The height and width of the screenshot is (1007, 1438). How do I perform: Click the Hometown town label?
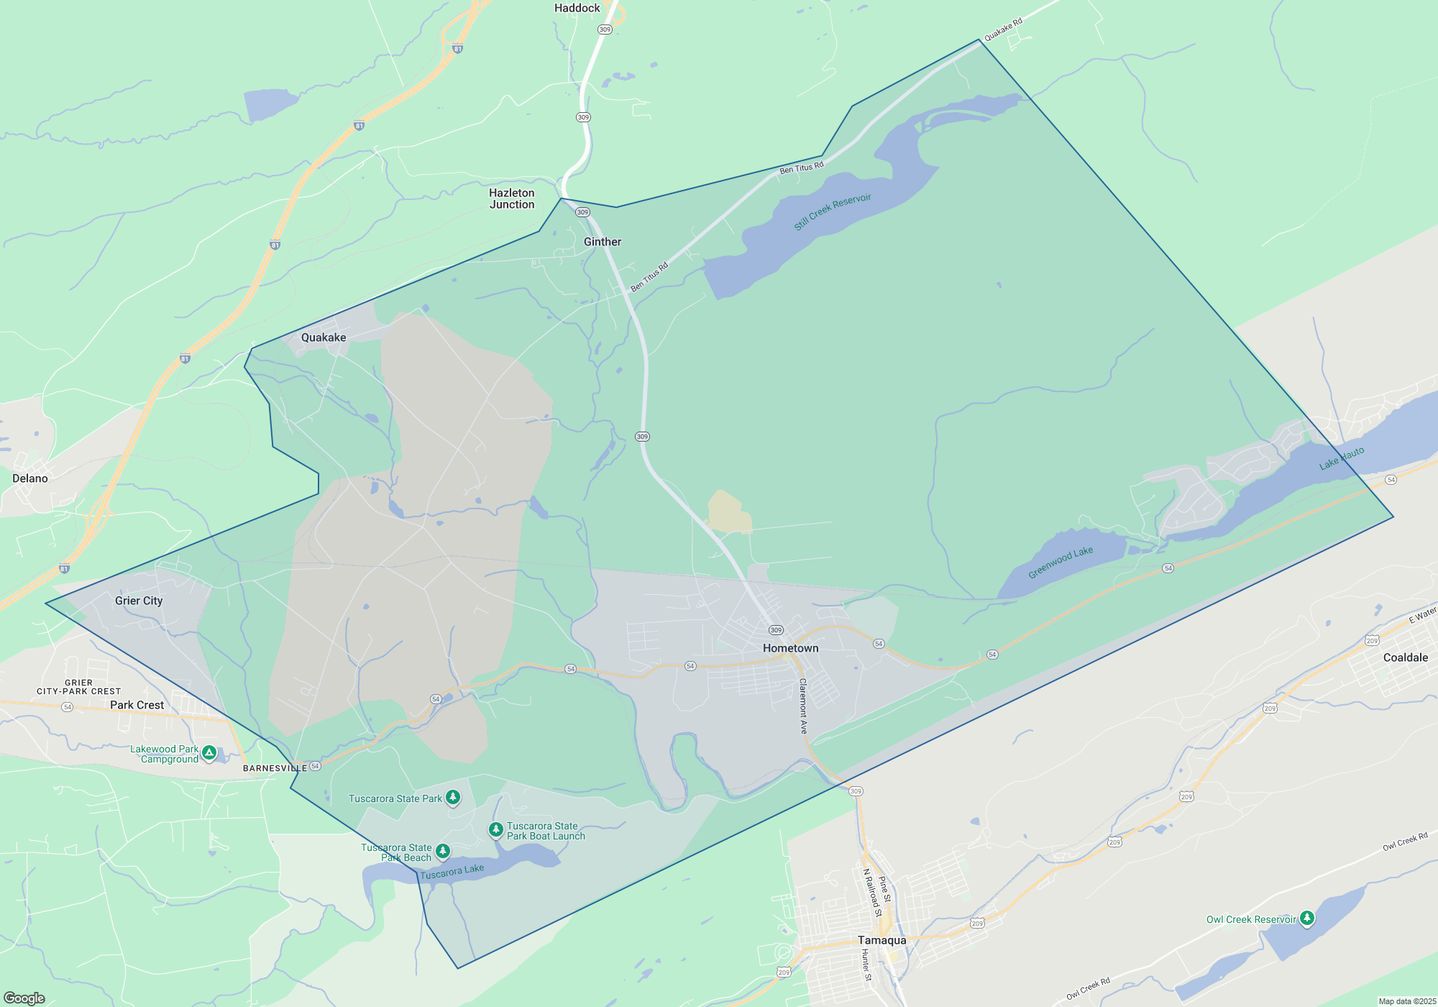(x=790, y=648)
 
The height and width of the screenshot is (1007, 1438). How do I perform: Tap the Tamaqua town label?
(x=881, y=940)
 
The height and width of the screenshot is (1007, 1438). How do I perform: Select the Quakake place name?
(x=324, y=337)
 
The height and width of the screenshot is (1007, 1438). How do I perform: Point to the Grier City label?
(x=139, y=601)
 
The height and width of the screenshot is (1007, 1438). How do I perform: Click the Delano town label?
(x=30, y=478)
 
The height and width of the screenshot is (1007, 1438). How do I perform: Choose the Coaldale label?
(x=1405, y=657)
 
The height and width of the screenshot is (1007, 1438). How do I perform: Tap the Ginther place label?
(x=603, y=242)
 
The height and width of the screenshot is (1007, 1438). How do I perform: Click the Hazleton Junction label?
(x=512, y=199)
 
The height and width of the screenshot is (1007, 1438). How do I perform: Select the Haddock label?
(x=577, y=8)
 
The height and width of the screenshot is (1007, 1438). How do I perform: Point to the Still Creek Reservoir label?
(x=833, y=211)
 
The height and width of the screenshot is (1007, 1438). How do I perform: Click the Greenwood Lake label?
(x=1061, y=562)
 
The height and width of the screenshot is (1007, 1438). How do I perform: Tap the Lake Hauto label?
(x=1342, y=458)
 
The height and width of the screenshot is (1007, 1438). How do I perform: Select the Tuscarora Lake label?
(x=452, y=872)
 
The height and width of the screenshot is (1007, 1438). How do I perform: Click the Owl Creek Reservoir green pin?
(x=1307, y=918)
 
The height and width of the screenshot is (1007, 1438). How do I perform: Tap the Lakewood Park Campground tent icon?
(x=209, y=753)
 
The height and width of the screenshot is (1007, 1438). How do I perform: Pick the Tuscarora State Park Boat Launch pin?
(x=496, y=830)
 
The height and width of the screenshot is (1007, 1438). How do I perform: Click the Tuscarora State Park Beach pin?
(x=443, y=852)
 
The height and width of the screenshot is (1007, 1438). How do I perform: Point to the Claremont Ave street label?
(x=803, y=706)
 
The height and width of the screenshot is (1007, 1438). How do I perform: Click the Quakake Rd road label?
(x=1003, y=29)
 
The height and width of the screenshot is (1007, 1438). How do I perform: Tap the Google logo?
(x=24, y=998)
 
